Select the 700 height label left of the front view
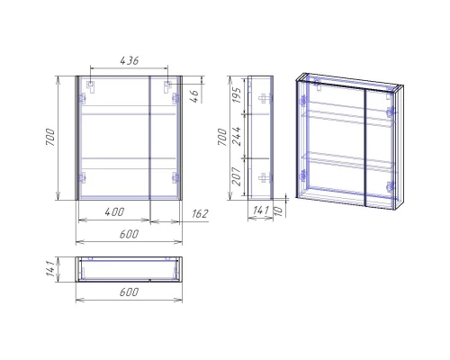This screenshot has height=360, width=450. [52, 137]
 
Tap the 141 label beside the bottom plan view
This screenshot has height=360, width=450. [52, 268]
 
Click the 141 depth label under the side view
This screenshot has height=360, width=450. [259, 211]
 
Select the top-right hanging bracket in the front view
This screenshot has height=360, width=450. [168, 87]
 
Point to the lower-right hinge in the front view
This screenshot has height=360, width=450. [177, 177]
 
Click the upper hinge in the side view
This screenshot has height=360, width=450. [262, 98]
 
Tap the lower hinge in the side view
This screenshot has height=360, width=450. [262, 177]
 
